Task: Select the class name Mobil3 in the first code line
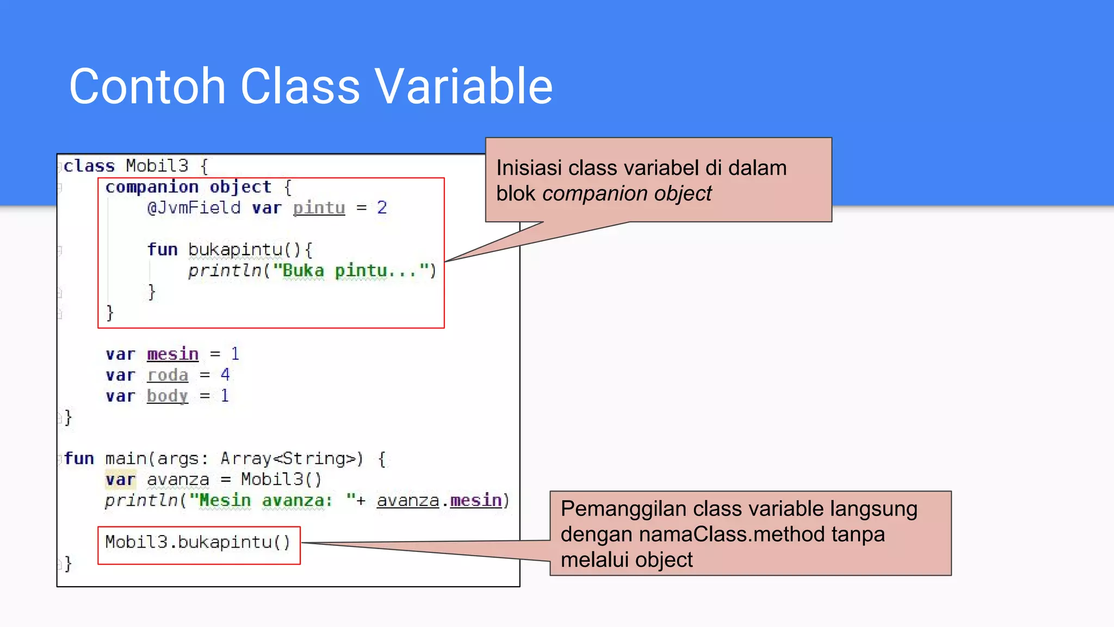click(157, 165)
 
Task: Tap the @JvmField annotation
click(194, 208)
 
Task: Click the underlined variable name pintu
click(319, 208)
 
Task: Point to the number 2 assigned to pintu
click(382, 208)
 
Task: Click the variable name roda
click(168, 375)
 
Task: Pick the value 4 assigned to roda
click(225, 375)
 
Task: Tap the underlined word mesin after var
click(172, 354)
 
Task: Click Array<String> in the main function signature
click(291, 459)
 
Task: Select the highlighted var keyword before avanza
click(120, 480)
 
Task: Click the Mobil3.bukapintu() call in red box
click(198, 542)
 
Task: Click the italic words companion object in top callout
click(627, 194)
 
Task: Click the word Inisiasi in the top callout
click(529, 168)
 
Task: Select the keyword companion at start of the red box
click(152, 187)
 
